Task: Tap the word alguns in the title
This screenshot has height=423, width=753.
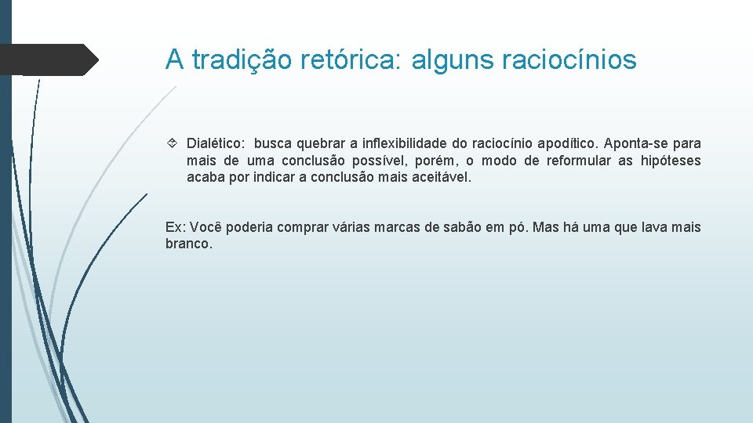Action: point(457,60)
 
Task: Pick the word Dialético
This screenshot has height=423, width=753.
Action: point(216,143)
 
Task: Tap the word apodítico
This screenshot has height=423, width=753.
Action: point(563,143)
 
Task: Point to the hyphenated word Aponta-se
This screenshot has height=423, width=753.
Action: point(634,143)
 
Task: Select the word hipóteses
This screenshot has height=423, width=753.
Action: point(671,161)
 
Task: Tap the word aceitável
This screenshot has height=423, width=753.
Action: point(444,177)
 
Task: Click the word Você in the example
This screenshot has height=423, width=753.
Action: point(204,227)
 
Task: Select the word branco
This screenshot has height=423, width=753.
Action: point(188,244)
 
